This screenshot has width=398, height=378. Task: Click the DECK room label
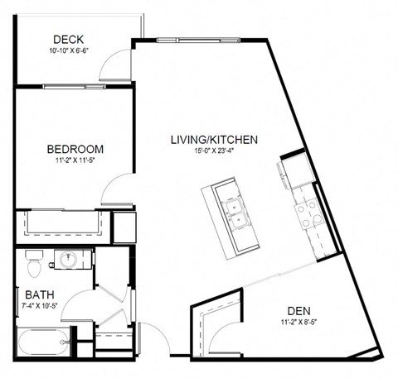coord(68,40)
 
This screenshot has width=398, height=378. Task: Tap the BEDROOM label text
coord(75,149)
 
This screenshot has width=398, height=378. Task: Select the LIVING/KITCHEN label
coord(214,140)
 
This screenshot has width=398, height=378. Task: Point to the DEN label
coord(299,311)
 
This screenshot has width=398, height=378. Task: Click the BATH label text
coord(40,294)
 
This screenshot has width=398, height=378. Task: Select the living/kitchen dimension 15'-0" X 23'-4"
coord(214,151)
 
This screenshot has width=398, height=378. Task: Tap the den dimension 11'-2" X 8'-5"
coord(298,322)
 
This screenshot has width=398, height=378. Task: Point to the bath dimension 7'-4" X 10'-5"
coord(40,305)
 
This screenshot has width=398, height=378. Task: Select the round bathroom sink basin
coord(68,260)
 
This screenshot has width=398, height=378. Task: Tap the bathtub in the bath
coord(44,342)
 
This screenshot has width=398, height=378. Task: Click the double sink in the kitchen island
coord(235,215)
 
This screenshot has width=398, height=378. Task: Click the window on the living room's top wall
coord(198,41)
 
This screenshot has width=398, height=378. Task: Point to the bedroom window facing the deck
coord(74,86)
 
